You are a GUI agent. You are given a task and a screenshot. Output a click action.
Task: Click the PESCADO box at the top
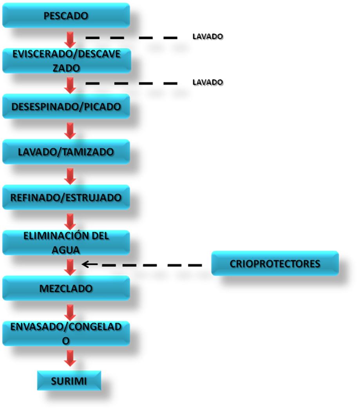pos(66,16)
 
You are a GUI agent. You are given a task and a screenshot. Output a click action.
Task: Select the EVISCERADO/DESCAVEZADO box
pos(66,61)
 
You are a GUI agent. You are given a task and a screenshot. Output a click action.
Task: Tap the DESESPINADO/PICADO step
pos(66,106)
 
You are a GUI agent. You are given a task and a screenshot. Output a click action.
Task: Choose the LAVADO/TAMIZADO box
pos(66,152)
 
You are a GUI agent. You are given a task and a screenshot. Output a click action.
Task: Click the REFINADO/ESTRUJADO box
pos(66,197)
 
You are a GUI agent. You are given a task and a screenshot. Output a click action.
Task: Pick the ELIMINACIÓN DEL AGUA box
pos(66,242)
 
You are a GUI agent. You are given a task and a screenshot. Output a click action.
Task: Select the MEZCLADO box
pos(66,288)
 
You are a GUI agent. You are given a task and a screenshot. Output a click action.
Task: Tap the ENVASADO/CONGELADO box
pos(66,334)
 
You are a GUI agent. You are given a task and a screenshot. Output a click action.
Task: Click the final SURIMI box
pos(69,381)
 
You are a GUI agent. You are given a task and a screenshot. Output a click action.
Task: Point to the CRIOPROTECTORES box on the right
pos(275,263)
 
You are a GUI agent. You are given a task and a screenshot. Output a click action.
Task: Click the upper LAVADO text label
pos(208,36)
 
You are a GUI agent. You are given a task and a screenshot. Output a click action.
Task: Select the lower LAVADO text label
pos(208,82)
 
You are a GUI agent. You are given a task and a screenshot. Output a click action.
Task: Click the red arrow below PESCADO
pos(71,39)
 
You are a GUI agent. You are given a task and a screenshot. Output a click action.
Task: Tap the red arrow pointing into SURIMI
pos(71,357)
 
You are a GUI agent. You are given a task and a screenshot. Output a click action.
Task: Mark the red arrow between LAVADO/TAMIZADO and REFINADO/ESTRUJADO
pos(71,176)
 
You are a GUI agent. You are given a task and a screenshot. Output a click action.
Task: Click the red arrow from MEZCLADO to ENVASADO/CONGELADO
pos(71,312)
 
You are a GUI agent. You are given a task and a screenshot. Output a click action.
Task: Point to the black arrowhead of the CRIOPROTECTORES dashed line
pos(85,264)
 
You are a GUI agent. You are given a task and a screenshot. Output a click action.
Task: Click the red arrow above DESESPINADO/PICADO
pos(71,85)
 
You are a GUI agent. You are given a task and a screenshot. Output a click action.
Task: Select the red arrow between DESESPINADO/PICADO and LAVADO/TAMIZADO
pos(71,130)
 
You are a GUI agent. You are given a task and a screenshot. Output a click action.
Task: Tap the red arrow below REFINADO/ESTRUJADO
pos(71,221)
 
